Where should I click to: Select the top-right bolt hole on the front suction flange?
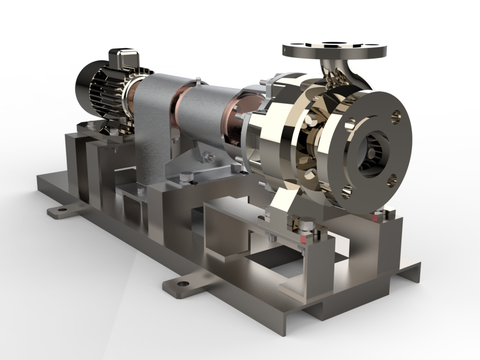396,116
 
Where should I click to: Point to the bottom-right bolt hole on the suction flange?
392,181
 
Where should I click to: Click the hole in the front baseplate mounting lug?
182,283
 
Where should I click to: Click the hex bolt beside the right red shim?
388,213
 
